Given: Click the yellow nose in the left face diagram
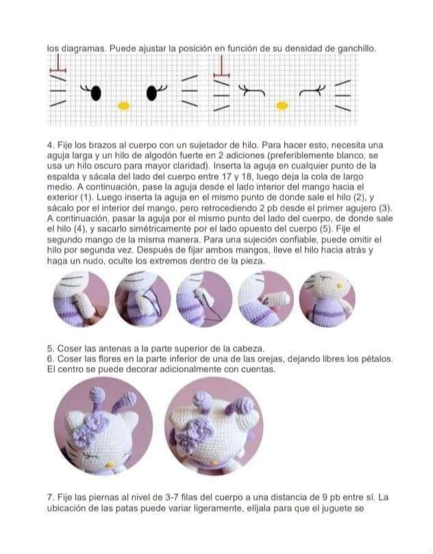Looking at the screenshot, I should click(123, 105).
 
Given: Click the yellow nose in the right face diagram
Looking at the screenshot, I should click(281, 105).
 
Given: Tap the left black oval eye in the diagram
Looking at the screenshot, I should click(95, 92).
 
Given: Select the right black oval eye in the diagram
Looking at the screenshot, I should click(151, 92).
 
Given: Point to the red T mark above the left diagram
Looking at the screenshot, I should click(60, 65).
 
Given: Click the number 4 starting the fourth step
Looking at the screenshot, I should click(50, 145).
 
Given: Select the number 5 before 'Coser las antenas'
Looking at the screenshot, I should click(50, 347).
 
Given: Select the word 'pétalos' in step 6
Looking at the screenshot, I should click(375, 358).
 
